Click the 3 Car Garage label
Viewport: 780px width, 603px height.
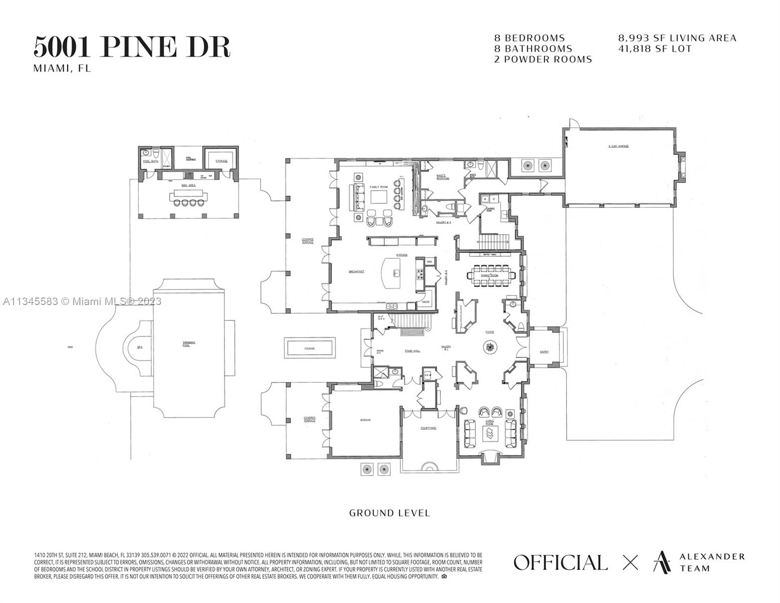pos(618,146)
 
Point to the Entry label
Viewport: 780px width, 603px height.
pos(544,352)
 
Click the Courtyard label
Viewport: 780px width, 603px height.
pos(428,428)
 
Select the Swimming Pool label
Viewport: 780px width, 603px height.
pos(189,344)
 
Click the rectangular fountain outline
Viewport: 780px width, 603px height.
pos(309,348)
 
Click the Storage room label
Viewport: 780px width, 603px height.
pos(221,161)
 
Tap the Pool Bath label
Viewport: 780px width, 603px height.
pos(151,161)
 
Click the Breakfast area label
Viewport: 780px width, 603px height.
pos(357,272)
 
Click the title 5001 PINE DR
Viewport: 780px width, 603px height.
pos(132,47)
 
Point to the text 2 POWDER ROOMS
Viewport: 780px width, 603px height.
pos(543,59)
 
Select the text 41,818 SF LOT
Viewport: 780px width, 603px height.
pos(655,49)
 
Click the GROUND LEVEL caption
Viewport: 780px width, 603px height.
pos(389,513)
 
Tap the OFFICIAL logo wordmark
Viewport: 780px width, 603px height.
pos(560,562)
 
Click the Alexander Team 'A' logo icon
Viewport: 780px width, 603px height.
pos(661,562)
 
